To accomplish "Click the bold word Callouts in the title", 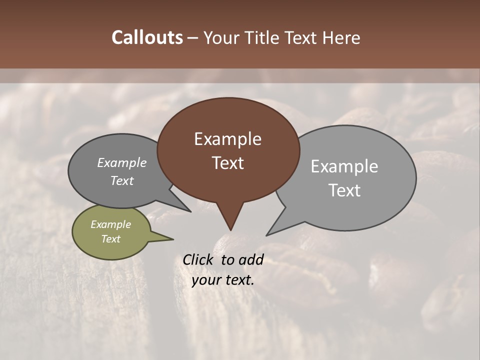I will coord(147,37).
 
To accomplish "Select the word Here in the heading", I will coord(341,37).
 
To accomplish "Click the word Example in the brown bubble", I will coord(227,139).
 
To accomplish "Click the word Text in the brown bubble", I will coord(227,163).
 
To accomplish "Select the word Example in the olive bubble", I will coord(110,224).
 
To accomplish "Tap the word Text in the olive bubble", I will coord(110,239).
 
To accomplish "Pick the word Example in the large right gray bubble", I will coord(344,166).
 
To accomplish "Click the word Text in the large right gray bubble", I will coord(344,190).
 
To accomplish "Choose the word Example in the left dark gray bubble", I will coord(121,163).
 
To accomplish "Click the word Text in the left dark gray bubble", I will coord(121,180).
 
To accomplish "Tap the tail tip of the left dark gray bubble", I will coord(190,211).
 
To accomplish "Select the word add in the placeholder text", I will coord(251,259).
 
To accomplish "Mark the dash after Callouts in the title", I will coord(193,38).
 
